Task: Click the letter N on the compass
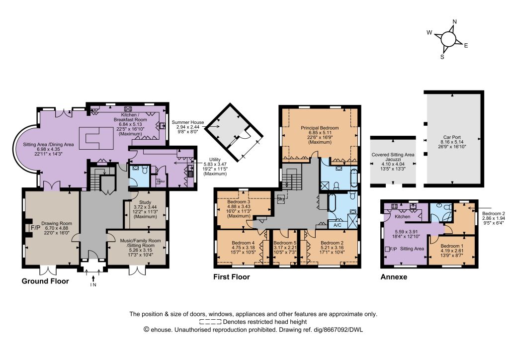454,22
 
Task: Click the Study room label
145,202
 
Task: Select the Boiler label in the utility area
161,181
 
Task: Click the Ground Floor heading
45,281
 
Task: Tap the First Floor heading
232,277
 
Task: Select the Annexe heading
394,277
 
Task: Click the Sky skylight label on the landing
280,199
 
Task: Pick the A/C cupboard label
338,225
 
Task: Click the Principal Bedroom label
320,128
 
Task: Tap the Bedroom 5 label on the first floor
285,243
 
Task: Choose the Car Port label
452,137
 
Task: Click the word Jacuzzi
393,160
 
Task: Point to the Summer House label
187,122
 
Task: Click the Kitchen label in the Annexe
402,216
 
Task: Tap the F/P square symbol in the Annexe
387,249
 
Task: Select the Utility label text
215,160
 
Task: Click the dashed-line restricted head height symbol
210,322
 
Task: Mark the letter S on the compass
442,57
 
